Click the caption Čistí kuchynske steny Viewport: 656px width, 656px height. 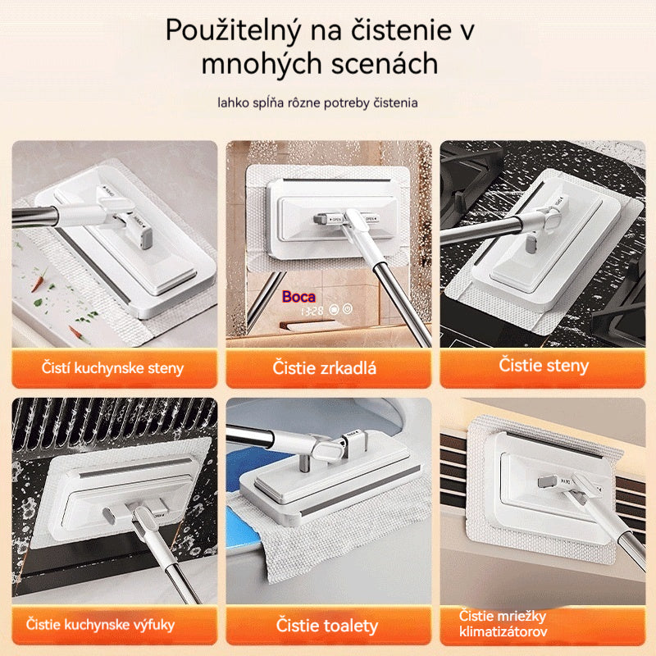click(113, 368)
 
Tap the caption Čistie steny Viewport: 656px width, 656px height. click(544, 365)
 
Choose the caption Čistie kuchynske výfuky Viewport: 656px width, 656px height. click(100, 625)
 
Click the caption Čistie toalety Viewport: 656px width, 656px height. click(327, 626)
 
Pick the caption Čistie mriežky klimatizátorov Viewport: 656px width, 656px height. click(502, 624)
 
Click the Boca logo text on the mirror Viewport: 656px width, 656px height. click(298, 297)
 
